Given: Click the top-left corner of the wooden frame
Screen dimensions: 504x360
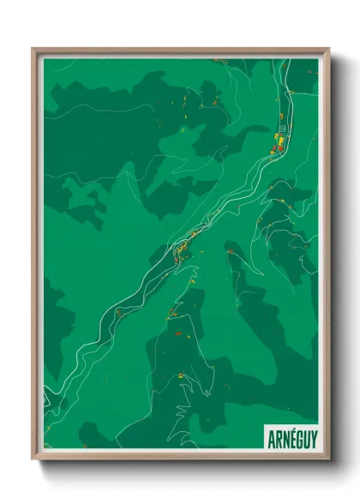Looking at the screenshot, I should point(33,49).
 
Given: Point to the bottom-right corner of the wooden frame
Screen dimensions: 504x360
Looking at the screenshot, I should point(328,460).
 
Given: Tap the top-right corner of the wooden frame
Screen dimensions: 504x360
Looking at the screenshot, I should point(328,49).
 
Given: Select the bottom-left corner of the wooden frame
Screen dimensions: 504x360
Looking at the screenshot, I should point(33,460).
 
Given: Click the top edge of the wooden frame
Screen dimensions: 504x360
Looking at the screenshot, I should point(180,51).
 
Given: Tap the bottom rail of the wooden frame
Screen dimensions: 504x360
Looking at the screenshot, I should point(180,459).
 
